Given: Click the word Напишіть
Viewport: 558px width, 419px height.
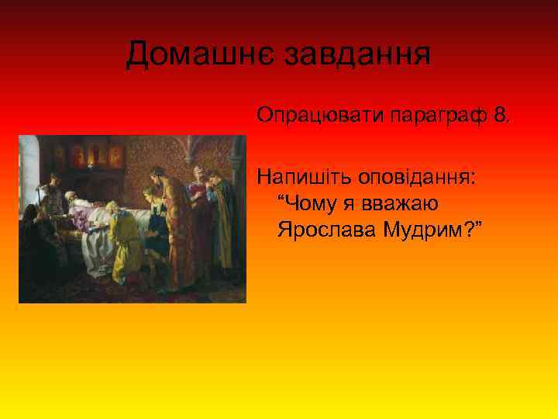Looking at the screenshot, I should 303,178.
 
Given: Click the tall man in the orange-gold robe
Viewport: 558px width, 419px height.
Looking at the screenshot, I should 175,225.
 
